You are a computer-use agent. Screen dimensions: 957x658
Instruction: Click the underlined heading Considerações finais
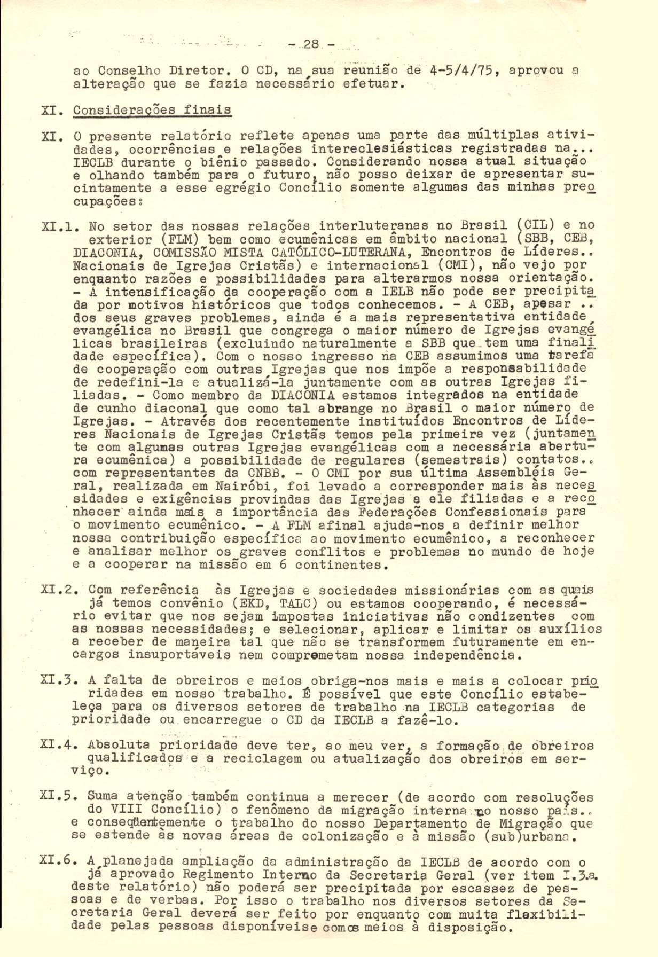tap(152, 110)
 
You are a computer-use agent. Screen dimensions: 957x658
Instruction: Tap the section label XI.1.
tap(59, 226)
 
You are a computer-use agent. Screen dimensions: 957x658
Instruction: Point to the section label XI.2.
tap(59, 591)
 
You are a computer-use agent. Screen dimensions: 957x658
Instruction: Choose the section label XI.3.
tap(59, 680)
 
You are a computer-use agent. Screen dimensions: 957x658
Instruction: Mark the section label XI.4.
tap(59, 746)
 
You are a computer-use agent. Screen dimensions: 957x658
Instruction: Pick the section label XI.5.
tap(59, 797)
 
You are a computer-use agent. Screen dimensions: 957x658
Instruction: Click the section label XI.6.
tap(59, 862)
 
